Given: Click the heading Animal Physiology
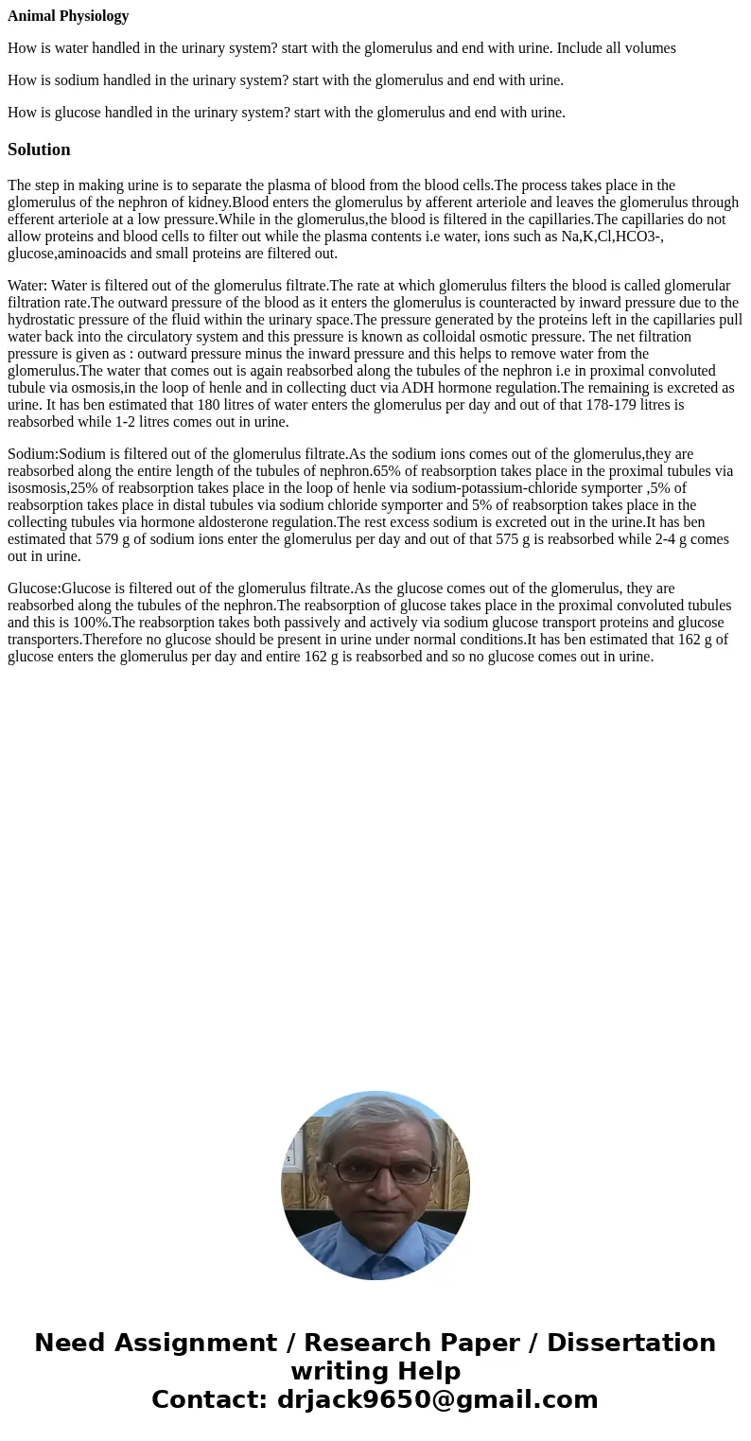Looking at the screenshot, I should coord(68,16).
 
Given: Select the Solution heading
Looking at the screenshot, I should coord(39,149).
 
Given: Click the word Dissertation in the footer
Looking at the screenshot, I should coord(631,1344).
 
